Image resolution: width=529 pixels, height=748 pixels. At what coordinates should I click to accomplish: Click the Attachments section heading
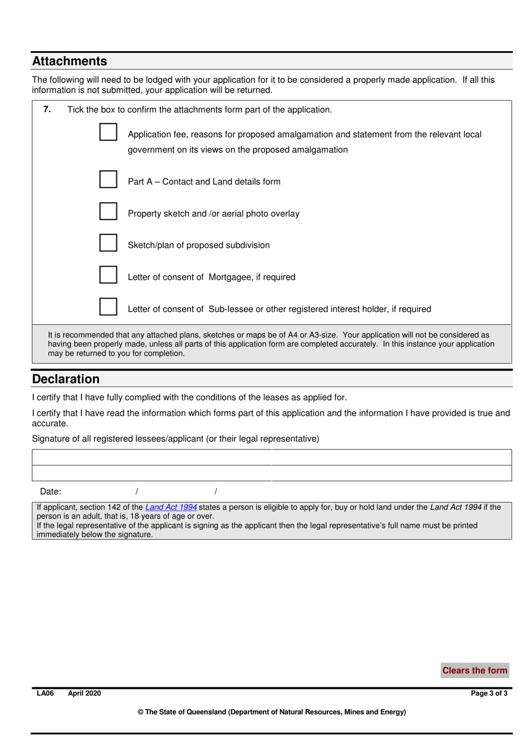coord(70,61)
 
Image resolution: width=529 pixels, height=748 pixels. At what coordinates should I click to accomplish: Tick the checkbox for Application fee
coord(108,132)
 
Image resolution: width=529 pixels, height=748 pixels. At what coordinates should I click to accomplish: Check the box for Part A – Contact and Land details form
coord(108,179)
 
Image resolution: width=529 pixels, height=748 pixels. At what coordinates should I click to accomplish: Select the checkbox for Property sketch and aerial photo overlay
coord(108,211)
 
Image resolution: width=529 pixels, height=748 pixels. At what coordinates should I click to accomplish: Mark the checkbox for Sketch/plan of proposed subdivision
coord(108,243)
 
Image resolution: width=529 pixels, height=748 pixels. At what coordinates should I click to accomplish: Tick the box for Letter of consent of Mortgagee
coord(108,275)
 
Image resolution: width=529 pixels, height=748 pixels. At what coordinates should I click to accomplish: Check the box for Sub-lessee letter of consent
coord(108,306)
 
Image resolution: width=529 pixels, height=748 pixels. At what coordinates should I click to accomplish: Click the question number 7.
coord(47,109)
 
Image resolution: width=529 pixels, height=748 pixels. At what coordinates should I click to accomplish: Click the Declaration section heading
coord(66,379)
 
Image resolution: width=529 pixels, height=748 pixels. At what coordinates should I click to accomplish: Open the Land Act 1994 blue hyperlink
coord(171,507)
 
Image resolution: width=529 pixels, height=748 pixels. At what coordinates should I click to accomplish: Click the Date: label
coord(51,492)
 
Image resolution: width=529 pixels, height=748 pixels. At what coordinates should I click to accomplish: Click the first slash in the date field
coord(136,491)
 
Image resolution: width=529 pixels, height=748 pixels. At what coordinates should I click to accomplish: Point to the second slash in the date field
coord(215,491)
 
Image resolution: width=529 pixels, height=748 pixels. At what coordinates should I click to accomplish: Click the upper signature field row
coord(272,457)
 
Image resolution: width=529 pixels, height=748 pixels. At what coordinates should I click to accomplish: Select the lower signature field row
coord(272,473)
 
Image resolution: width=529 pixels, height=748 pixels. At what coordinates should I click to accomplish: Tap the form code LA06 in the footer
coord(45,693)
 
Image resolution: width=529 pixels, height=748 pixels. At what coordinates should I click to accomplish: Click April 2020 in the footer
coord(85,693)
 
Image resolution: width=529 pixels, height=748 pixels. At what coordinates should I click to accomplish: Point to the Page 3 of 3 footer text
coord(489,693)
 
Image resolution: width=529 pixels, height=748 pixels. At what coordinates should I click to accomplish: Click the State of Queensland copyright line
coord(272,712)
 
